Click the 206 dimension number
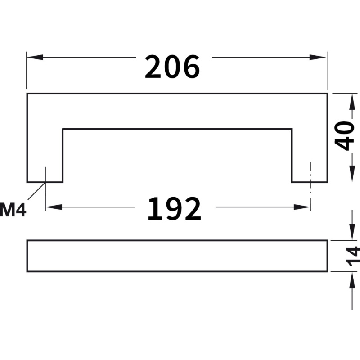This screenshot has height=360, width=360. coord(172,67)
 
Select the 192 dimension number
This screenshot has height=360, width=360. coord(175,209)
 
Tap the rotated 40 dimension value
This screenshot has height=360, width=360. coord(344,136)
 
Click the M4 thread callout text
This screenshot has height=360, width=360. coord(13,210)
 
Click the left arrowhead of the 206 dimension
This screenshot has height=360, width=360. coord(35,57)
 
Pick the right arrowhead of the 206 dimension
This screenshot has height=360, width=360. coord(318,57)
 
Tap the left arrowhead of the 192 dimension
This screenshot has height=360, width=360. coord(54,207)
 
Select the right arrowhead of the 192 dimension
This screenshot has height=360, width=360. coord(302,207)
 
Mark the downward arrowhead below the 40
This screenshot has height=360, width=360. coord(352,174)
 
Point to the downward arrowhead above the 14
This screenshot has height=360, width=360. coord(352,232)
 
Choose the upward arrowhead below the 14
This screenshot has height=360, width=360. coord(352,280)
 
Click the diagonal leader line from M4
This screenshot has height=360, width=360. coord(36,191)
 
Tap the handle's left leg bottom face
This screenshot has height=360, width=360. coord(45,182)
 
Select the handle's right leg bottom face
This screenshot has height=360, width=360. coord(310,182)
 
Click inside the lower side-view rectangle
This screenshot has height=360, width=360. coord(177,256)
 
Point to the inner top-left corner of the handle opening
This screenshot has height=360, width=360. coord(63,129)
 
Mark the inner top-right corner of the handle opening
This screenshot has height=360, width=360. coord(292,129)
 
